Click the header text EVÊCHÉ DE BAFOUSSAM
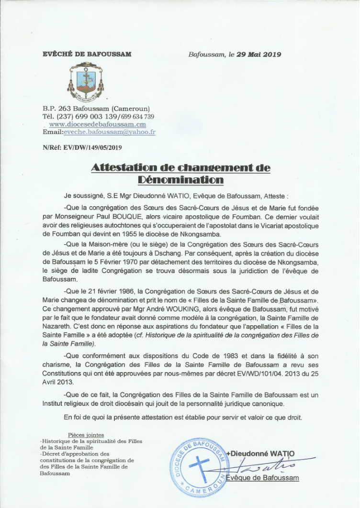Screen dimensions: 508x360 (x=87, y=54)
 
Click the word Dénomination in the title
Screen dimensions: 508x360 (x=180, y=180)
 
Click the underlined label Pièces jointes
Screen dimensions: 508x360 (x=86, y=435)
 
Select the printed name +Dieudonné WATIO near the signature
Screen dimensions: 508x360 (x=260, y=453)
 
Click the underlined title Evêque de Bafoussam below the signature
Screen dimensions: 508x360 (x=262, y=478)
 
